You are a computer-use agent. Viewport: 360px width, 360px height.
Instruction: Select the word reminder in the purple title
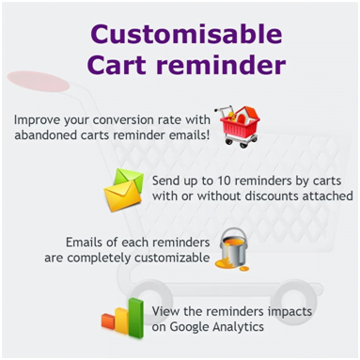click(x=222, y=68)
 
